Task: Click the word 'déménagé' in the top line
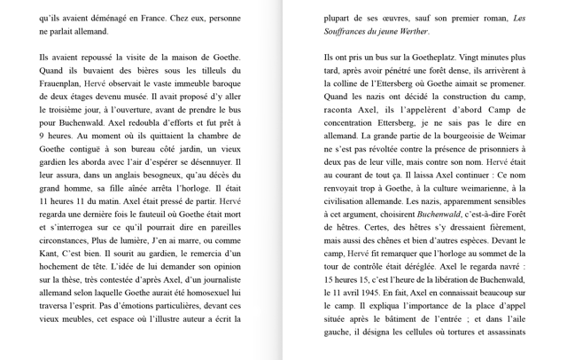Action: click(106, 17)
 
